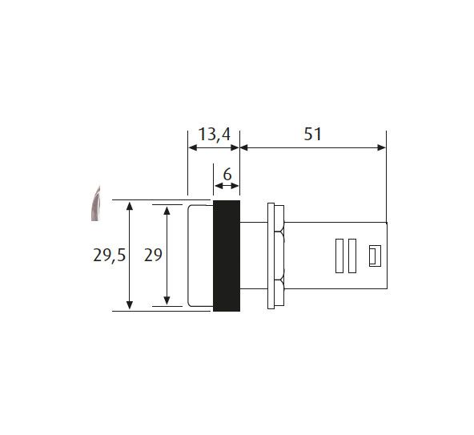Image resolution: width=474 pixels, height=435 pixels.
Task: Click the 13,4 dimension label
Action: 215,135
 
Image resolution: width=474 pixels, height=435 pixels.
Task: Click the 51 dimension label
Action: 312,135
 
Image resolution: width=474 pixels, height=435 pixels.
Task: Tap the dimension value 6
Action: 227,175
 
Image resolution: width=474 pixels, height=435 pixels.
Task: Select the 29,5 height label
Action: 109,256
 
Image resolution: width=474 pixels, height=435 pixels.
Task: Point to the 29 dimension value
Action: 153,255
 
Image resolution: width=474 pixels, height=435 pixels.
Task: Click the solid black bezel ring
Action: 227,256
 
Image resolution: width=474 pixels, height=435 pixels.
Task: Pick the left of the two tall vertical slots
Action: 339,256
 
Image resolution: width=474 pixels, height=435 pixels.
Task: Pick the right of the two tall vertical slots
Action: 352,256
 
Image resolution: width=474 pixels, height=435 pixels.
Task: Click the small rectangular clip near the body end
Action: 375,256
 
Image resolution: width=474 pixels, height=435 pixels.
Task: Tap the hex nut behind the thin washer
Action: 279,256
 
